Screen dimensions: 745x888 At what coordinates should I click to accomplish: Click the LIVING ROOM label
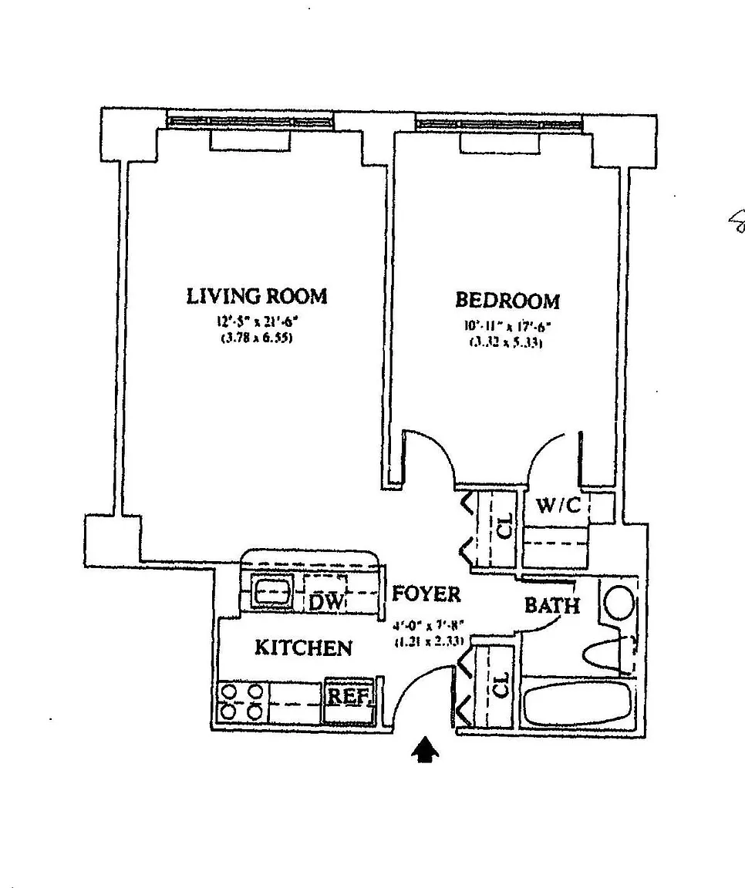pyautogui.click(x=257, y=296)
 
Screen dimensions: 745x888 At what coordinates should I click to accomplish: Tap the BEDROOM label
pyautogui.click(x=507, y=301)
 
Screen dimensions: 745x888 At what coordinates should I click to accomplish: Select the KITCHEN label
pyautogui.click(x=303, y=647)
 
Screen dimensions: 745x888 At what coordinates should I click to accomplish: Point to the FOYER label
pyautogui.click(x=426, y=594)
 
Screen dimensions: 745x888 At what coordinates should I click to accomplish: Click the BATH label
pyautogui.click(x=552, y=605)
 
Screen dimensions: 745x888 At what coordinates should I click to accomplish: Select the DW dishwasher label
pyautogui.click(x=325, y=602)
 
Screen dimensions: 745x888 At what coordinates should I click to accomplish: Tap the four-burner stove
pyautogui.click(x=241, y=701)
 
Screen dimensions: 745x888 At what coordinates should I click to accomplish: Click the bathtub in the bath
pyautogui.click(x=575, y=703)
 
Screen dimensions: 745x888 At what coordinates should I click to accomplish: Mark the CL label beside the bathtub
pyautogui.click(x=501, y=686)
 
